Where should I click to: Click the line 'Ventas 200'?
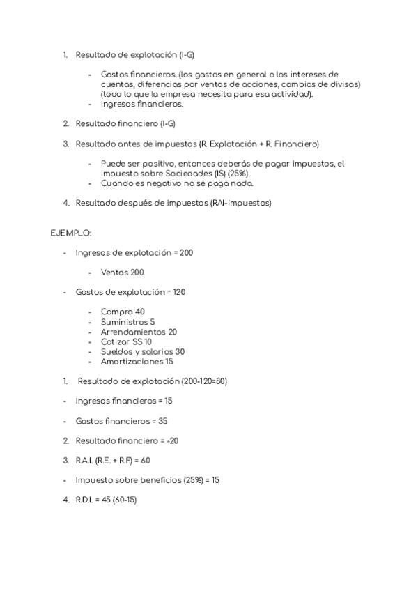pos(123,272)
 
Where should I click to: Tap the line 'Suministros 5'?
pos(127,322)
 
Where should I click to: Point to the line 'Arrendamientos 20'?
pos(139,332)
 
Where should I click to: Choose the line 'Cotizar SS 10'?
pos(126,341)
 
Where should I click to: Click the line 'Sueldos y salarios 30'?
pos(142,352)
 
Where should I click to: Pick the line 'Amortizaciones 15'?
pos(137,362)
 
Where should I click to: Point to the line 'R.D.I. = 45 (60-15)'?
pos(107,500)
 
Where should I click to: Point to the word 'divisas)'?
pos(343,84)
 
